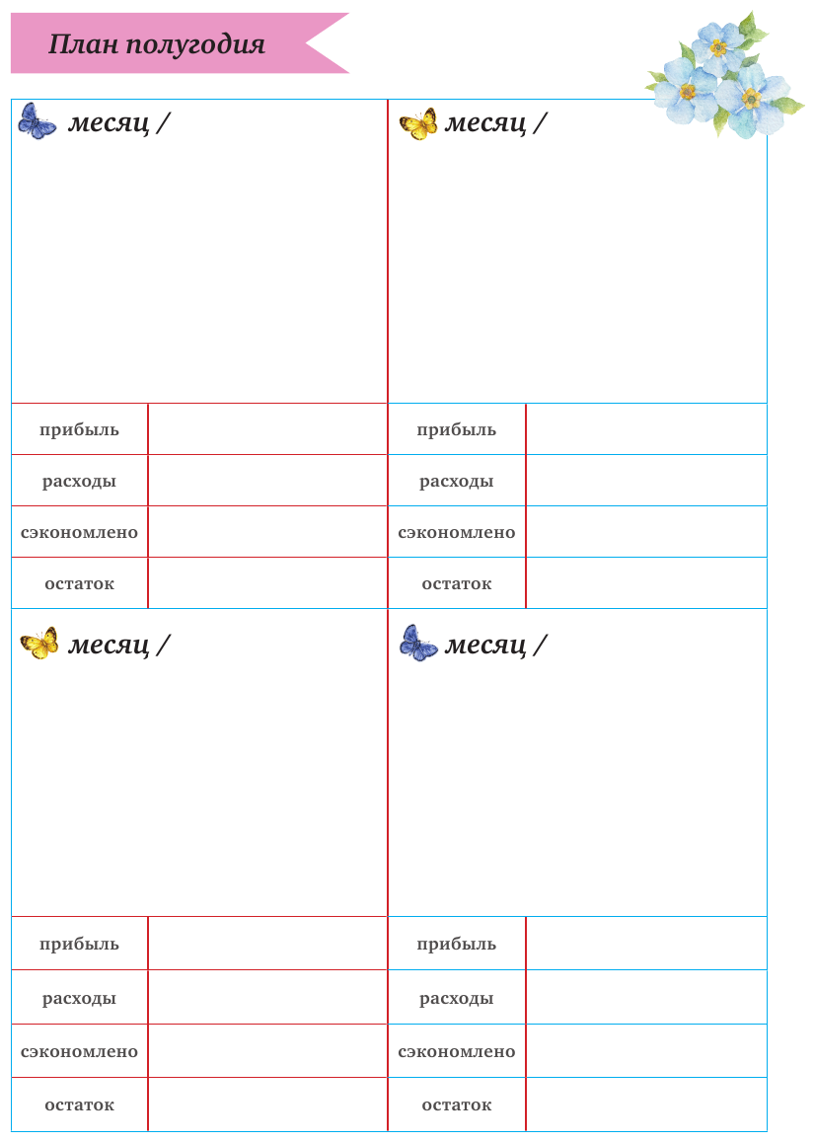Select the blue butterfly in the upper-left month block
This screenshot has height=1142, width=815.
(x=37, y=121)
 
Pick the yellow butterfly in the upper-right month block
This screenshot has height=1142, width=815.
(x=418, y=124)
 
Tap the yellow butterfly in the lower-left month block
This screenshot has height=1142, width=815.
(x=39, y=644)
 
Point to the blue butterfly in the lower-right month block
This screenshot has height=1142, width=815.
(x=418, y=644)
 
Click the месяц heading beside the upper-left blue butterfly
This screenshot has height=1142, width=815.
(x=109, y=123)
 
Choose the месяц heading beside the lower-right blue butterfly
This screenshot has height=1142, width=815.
(x=485, y=645)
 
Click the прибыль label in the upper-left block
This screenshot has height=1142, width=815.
(x=79, y=429)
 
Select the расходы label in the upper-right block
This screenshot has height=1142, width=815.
(x=456, y=481)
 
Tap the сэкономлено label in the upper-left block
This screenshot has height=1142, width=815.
(x=79, y=532)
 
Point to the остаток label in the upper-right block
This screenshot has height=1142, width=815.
(x=456, y=583)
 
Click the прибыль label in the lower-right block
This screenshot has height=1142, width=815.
(x=456, y=944)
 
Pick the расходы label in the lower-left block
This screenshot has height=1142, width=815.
(x=79, y=998)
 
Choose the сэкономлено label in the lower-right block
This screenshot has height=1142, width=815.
(x=456, y=1051)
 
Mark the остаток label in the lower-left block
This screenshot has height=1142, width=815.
(x=79, y=1104)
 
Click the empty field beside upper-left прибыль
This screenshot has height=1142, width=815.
(x=267, y=429)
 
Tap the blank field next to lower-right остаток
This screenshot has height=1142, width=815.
(x=646, y=1104)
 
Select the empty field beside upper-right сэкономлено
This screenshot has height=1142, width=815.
(x=646, y=532)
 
